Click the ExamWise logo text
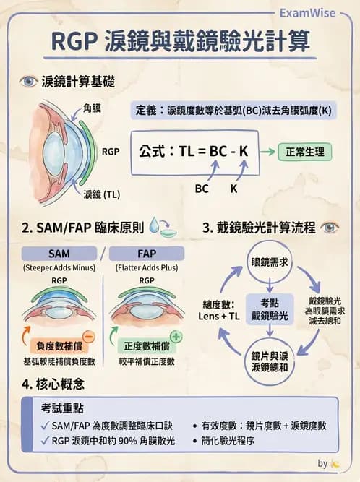click(307, 12)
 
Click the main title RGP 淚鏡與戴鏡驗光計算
click(180, 41)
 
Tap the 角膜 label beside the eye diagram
click(92, 108)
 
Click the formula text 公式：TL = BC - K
click(193, 152)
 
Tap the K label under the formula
click(233, 188)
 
